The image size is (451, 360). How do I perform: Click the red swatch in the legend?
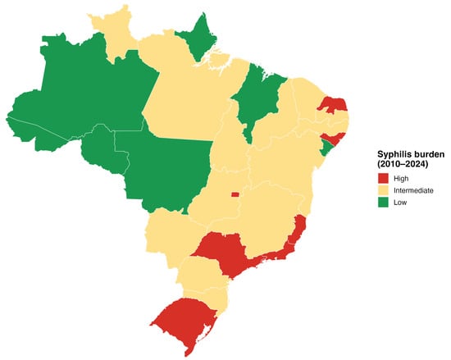pos(383,177)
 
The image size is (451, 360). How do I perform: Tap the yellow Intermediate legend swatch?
pos(383,189)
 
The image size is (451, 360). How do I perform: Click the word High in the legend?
pos(403,177)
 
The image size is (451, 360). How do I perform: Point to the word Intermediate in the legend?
pos(417,189)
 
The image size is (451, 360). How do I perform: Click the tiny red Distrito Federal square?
pos(235,195)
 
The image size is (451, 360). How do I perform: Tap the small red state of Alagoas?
pos(335,138)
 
